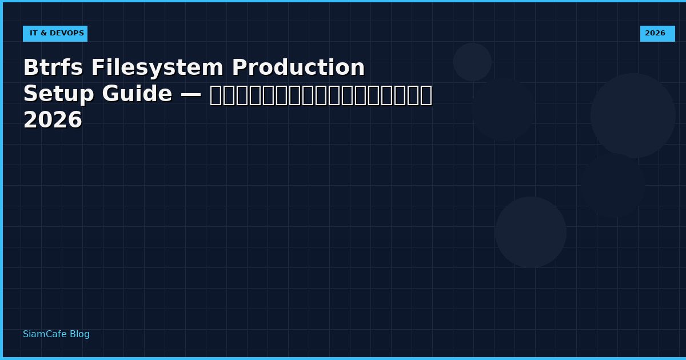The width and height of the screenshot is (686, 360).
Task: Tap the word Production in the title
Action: pos(298,68)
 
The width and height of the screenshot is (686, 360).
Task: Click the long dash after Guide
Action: pos(190,94)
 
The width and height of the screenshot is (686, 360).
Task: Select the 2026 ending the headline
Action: pos(53,121)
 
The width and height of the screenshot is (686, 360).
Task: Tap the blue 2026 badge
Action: pos(657,34)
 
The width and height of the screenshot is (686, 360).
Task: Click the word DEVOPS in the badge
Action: pos(66,34)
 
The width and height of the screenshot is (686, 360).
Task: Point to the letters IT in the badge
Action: pos(34,34)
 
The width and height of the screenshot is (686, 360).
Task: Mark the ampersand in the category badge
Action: pos(43,34)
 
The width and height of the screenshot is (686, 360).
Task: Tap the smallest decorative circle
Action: pos(472,62)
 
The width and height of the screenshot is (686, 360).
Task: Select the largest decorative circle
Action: pos(633,115)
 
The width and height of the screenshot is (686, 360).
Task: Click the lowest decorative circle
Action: pos(531,232)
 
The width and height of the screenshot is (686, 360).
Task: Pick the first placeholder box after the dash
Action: pos(215,95)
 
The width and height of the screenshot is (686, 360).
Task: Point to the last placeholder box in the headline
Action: pos(426,95)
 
